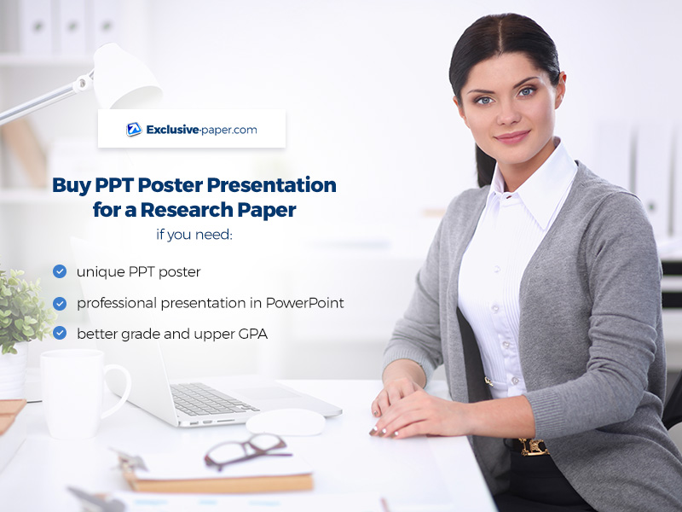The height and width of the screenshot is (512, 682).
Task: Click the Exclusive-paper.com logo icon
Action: pyautogui.click(x=134, y=130)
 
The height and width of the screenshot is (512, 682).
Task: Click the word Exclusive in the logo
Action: pyautogui.click(x=172, y=130)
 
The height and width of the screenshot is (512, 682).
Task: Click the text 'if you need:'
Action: pyautogui.click(x=194, y=235)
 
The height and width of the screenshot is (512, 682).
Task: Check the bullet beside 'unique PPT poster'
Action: pyautogui.click(x=60, y=271)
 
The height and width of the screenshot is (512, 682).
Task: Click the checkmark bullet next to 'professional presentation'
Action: pyautogui.click(x=60, y=304)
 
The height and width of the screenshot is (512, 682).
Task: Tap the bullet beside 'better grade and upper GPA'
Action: pyautogui.click(x=60, y=333)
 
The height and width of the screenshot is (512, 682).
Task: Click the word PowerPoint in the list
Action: pyautogui.click(x=305, y=303)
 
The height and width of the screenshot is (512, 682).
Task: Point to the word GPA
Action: pyautogui.click(x=252, y=334)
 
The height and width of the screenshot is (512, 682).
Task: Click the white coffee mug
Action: pyautogui.click(x=82, y=393)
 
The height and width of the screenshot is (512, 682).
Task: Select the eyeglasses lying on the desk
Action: pyautogui.click(x=246, y=451)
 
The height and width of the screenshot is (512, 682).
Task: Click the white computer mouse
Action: pyautogui.click(x=286, y=422)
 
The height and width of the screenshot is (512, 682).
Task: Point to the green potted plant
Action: pyautogui.click(x=23, y=310)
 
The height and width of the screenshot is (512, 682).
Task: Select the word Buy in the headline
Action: pyautogui.click(x=72, y=185)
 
